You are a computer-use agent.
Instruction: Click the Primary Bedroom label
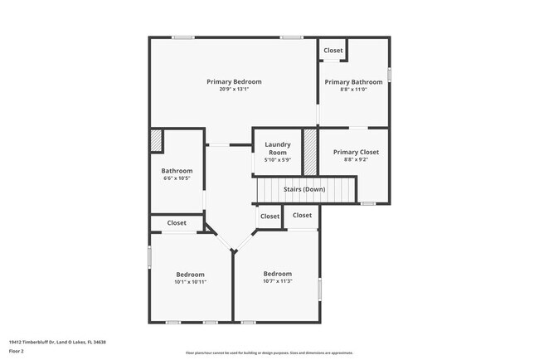click(234, 81)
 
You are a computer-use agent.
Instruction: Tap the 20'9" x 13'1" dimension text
click(234, 90)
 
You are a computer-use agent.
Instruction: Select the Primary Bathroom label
click(353, 82)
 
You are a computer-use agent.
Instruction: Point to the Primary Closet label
click(355, 152)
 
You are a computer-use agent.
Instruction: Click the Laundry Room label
click(277, 148)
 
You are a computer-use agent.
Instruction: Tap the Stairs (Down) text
click(304, 189)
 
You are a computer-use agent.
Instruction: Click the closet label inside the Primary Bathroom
click(333, 51)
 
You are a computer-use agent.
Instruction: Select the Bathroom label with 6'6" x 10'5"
click(177, 171)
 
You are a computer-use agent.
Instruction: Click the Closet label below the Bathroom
click(177, 222)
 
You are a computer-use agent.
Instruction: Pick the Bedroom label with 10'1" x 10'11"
click(190, 275)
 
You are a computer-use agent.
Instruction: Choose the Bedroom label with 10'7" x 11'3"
click(278, 274)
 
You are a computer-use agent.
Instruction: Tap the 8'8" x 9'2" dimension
click(355, 159)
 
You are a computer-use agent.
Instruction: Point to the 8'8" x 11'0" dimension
click(353, 90)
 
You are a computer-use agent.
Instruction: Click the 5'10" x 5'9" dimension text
click(277, 160)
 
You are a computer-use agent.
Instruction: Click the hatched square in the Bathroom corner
click(156, 142)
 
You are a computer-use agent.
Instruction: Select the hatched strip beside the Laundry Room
click(309, 152)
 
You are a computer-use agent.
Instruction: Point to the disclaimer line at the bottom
click(269, 353)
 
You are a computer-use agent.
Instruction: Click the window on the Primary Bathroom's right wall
click(388, 75)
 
